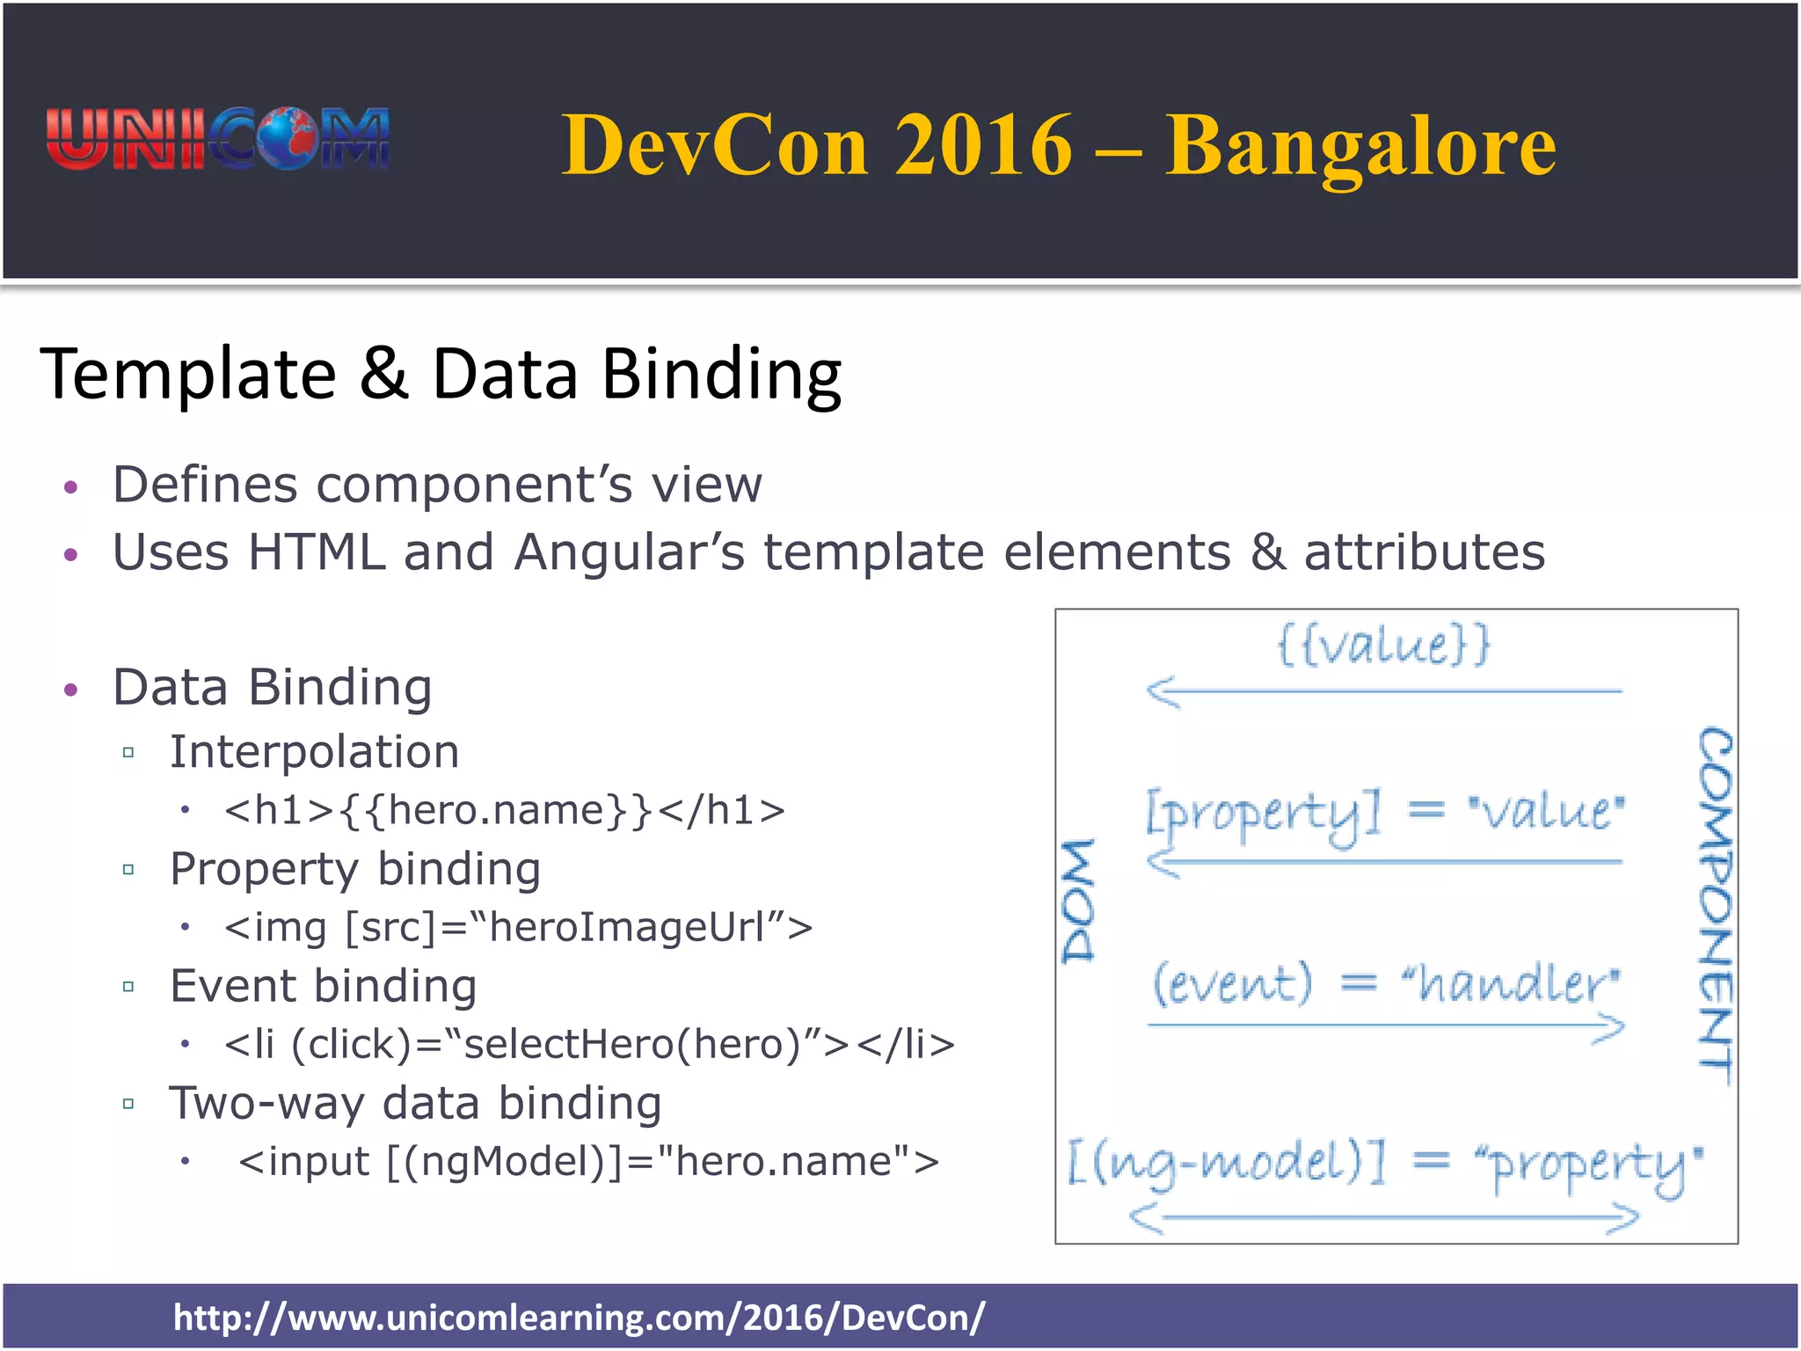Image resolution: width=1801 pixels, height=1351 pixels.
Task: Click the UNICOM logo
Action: (x=217, y=139)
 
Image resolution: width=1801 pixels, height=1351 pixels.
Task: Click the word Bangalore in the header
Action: (x=1360, y=146)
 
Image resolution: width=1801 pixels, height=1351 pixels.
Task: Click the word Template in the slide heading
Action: (x=188, y=375)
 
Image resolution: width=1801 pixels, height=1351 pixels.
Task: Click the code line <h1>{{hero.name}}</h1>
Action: (x=505, y=810)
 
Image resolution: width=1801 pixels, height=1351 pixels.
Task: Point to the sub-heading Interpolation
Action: (x=314, y=752)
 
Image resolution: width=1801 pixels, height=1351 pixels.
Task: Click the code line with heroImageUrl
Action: (x=518, y=927)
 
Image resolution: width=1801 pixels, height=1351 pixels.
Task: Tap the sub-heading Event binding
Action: (x=323, y=986)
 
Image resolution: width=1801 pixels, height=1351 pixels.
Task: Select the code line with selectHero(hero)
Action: (x=589, y=1044)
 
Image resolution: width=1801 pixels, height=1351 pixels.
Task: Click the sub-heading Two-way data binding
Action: (x=415, y=1103)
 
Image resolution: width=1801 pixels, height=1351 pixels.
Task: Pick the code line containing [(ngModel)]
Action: (x=588, y=1161)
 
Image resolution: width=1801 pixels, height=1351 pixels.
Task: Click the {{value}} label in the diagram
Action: (x=1383, y=645)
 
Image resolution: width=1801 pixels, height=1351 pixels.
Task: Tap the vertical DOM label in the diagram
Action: (x=1079, y=901)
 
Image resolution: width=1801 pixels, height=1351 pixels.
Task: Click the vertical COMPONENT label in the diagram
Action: (x=1715, y=906)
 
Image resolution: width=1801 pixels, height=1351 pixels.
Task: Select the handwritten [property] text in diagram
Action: (x=1264, y=814)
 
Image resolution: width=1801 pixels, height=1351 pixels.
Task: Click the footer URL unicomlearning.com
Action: (x=579, y=1318)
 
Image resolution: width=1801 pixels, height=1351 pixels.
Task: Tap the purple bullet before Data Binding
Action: (x=71, y=690)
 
